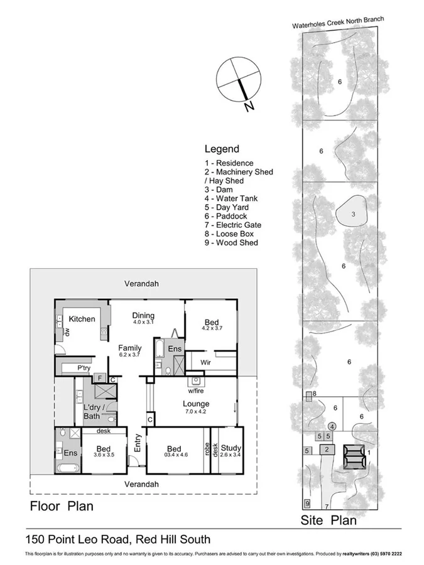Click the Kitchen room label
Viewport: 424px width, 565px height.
[82, 319]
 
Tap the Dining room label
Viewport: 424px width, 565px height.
[143, 316]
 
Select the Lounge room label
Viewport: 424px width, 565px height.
[196, 404]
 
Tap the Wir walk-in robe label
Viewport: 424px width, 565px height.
[205, 362]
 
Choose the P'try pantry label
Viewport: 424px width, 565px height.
[84, 368]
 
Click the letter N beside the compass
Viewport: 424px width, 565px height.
[249, 107]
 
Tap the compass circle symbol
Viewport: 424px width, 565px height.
[238, 80]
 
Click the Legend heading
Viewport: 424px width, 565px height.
[222, 149]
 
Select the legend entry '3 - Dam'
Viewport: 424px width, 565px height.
[219, 190]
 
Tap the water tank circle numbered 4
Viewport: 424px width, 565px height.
[332, 426]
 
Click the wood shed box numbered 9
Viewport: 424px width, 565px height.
[307, 503]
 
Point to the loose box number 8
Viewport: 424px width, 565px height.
[314, 394]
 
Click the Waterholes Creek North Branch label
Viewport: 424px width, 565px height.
[337, 23]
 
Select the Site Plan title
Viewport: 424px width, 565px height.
[329, 520]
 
